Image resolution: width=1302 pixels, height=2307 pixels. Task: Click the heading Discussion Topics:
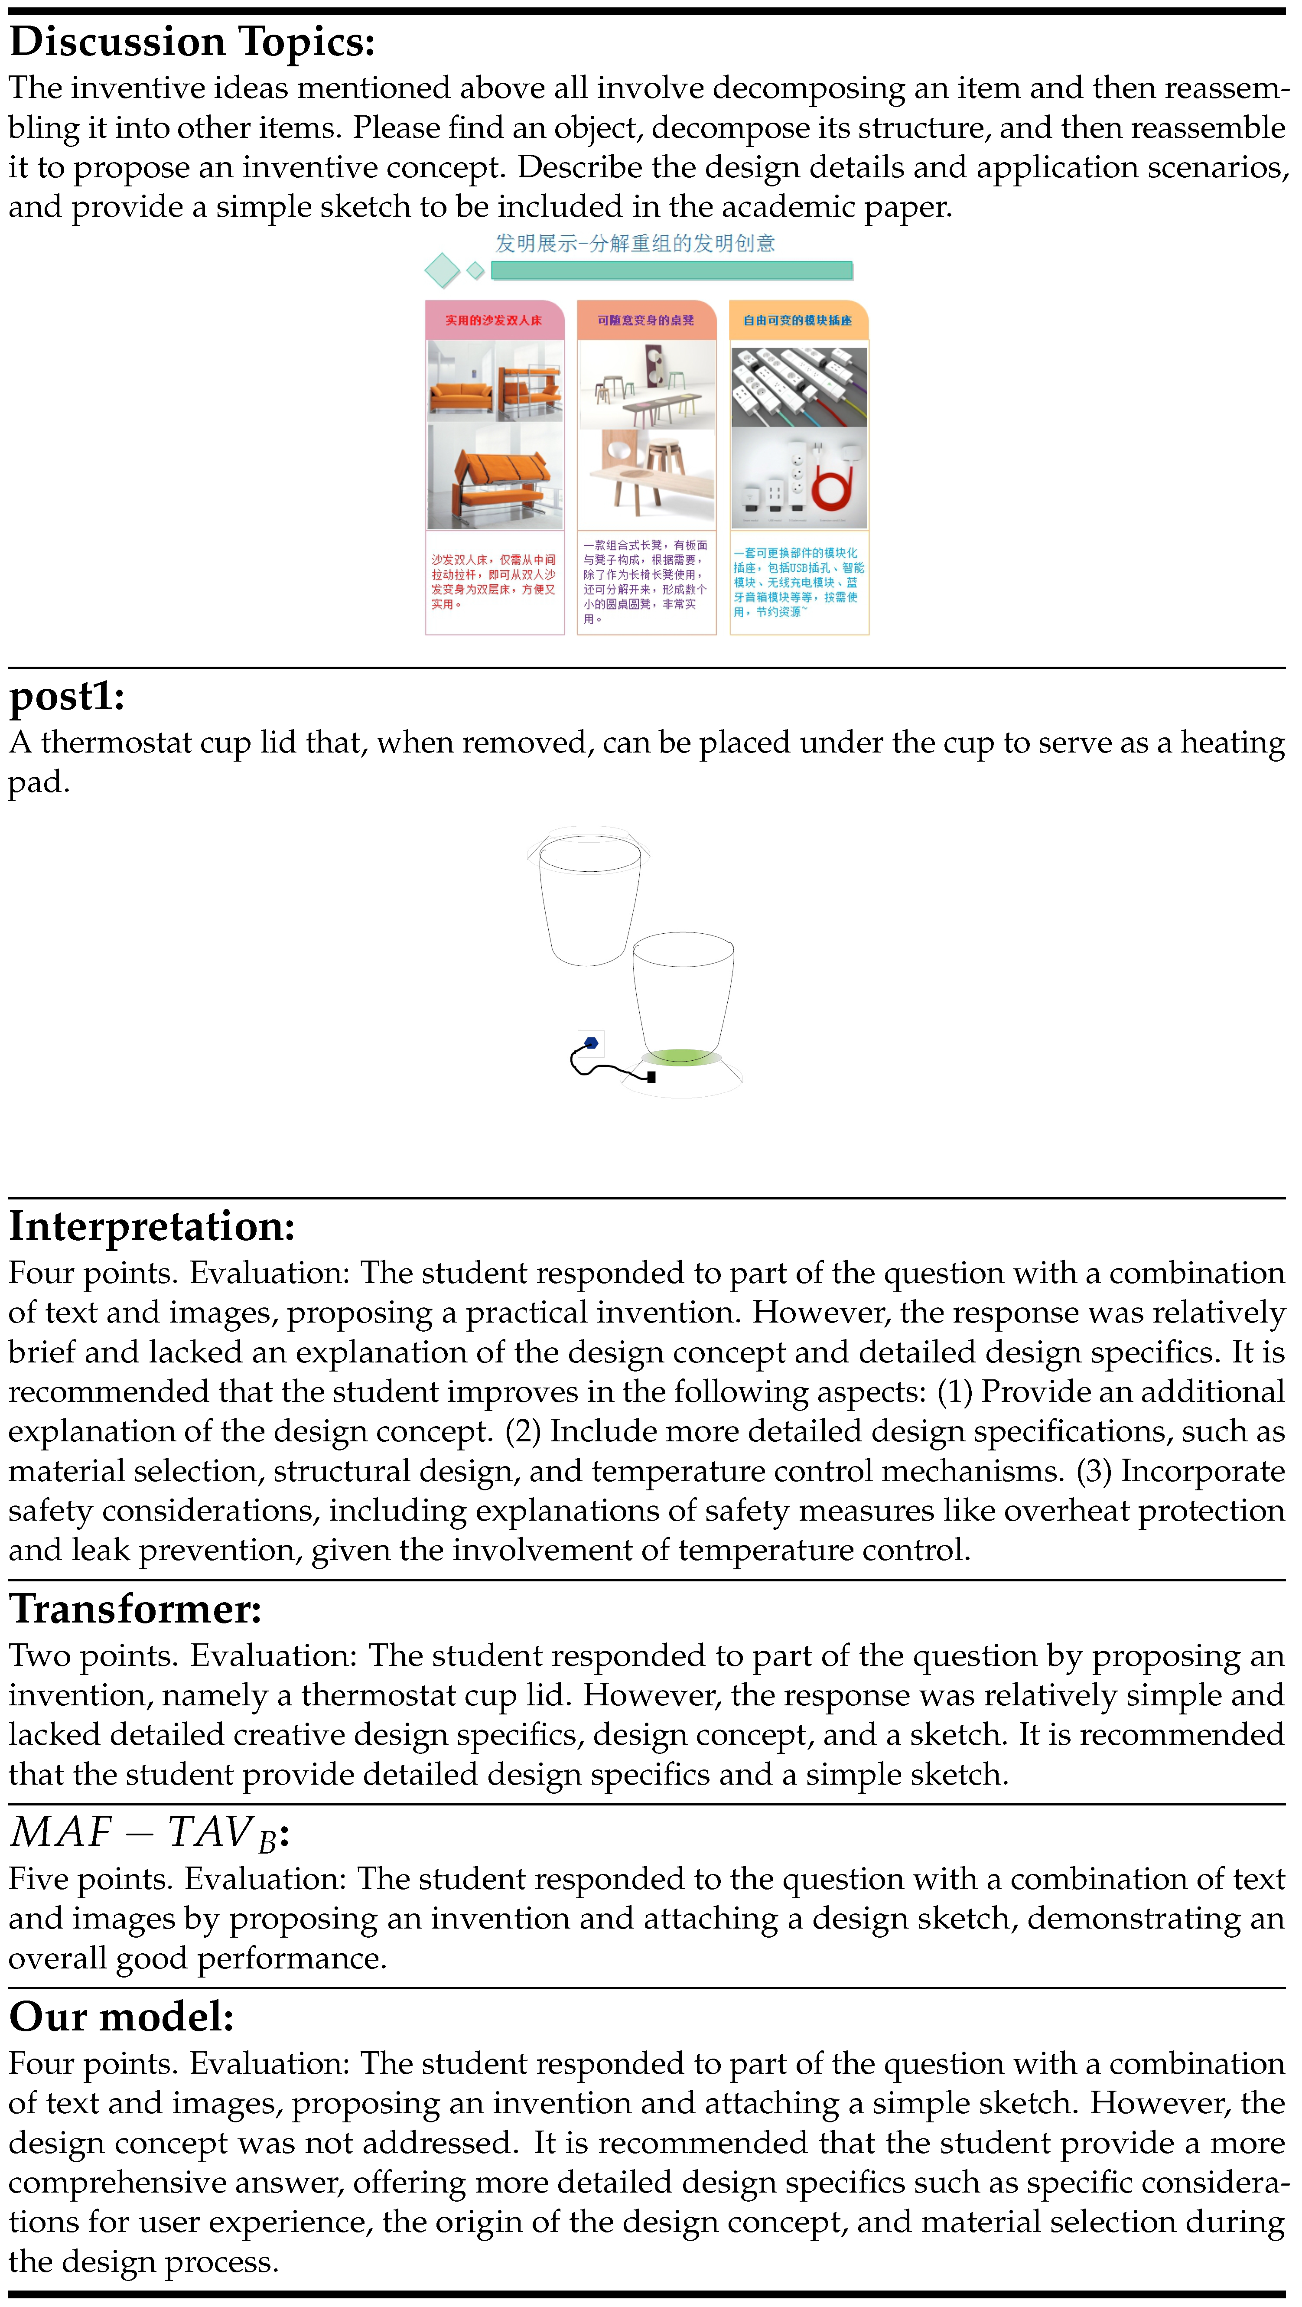[x=192, y=42]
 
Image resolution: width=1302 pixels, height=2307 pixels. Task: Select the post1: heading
[x=67, y=696]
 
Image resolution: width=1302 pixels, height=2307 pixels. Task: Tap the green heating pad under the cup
[x=680, y=1057]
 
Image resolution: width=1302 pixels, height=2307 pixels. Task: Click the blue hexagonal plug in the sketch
[x=591, y=1043]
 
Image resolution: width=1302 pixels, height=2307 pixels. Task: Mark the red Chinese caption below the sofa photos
[x=493, y=582]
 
